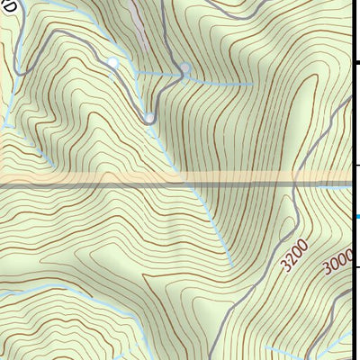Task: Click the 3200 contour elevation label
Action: (293, 256)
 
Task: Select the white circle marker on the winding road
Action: (112, 62)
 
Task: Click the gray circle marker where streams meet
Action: (185, 68)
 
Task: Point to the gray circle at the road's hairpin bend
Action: (149, 116)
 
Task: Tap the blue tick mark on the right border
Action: (356, 217)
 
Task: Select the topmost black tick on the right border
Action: (356, 63)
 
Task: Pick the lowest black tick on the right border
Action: (356, 267)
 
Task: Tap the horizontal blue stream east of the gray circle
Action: (225, 80)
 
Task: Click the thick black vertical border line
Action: (351, 135)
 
